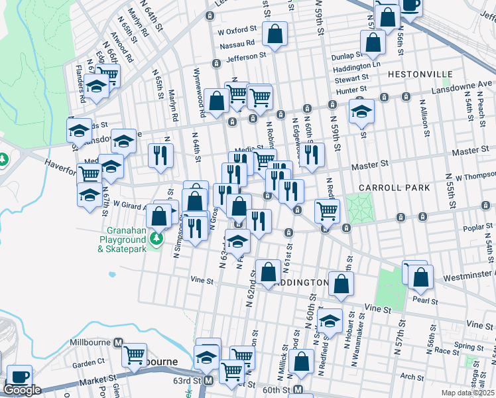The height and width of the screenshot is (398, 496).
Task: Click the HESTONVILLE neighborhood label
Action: [420, 74]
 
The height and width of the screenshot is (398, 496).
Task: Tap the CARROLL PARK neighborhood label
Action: [394, 188]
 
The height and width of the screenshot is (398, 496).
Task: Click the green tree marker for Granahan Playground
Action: [157, 237]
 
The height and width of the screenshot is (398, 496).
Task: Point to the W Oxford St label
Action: [236, 30]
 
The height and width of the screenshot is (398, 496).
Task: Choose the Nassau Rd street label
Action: [241, 43]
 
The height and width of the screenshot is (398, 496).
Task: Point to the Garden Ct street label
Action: [89, 364]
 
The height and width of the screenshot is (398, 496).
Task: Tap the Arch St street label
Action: [412, 377]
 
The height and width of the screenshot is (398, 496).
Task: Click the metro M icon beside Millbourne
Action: [118, 342]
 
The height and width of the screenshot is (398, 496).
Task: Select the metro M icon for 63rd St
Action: [208, 381]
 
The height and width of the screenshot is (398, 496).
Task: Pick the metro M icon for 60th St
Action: [299, 389]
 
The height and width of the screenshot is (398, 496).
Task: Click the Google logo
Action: [22, 390]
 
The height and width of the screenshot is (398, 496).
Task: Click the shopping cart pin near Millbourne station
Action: [135, 355]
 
